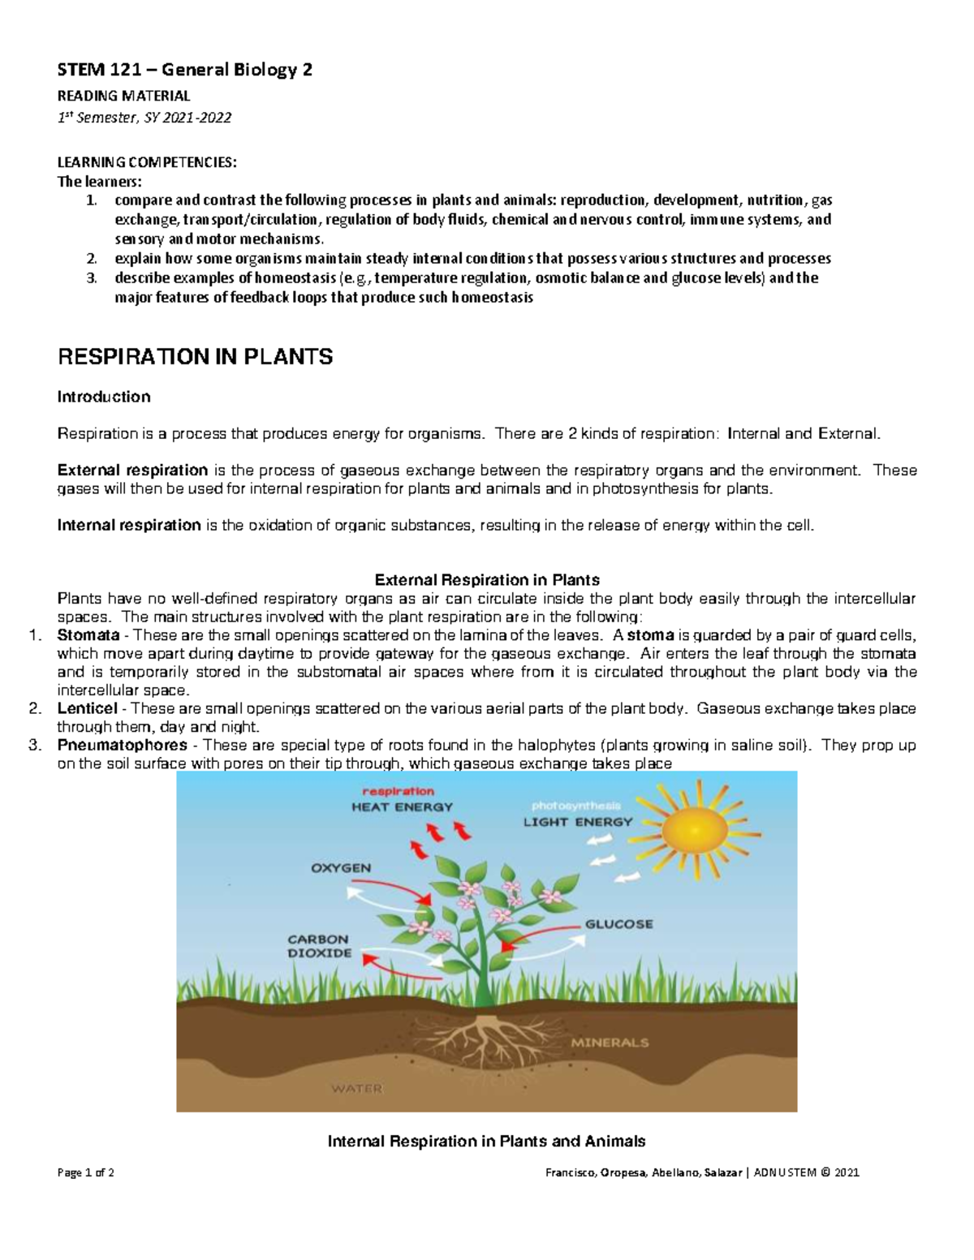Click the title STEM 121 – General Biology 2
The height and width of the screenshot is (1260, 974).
pos(184,71)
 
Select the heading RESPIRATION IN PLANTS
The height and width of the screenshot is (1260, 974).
pos(195,357)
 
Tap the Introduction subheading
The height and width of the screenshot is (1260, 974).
pos(103,397)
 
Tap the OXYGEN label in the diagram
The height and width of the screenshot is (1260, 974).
pos(341,867)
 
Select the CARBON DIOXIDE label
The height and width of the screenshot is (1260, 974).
pos(319,946)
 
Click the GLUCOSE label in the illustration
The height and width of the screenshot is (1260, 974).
pos(618,924)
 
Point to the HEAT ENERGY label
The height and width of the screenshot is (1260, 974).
pos(402,806)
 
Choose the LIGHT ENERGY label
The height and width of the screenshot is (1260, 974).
pos(577,821)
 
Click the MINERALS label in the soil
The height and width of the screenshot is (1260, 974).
pos(610,1043)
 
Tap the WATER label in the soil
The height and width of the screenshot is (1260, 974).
pos(356,1088)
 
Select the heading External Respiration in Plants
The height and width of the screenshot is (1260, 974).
pos(486,580)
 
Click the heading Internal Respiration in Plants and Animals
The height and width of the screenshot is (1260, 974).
pos(486,1142)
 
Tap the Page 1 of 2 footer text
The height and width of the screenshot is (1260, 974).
pos(85,1172)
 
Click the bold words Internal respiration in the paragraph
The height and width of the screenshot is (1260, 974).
pos(129,525)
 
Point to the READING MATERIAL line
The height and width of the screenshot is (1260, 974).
pos(123,96)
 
